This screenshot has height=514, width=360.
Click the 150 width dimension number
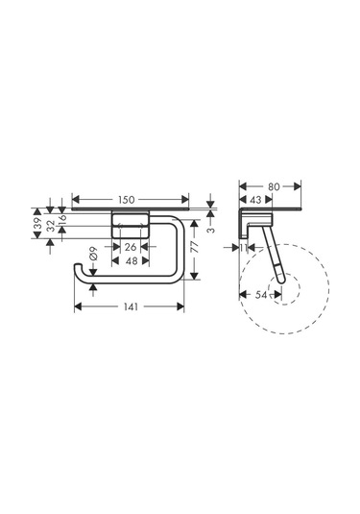127,200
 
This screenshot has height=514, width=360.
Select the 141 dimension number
131,306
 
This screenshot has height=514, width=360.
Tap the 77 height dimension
195,247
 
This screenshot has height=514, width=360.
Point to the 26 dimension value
131,247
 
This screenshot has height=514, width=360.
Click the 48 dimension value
132,261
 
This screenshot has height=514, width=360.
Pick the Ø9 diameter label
93,254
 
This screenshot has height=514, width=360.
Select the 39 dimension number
38,223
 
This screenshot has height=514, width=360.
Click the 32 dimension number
51,226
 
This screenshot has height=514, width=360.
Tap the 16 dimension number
62,218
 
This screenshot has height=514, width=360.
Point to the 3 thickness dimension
211,230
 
